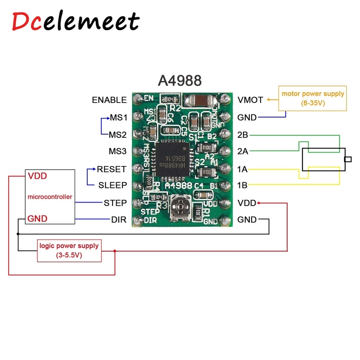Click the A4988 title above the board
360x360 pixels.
[x=179, y=81]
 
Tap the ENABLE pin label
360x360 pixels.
[x=109, y=100]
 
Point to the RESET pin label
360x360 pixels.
[x=112, y=169]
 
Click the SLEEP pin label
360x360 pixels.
[x=112, y=185]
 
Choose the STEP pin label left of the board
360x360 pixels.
[x=115, y=203]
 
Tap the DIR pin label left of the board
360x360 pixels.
[x=119, y=220]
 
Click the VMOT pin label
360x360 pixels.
[x=250, y=100]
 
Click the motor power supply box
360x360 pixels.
[x=313, y=98]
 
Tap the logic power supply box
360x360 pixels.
[x=69, y=251]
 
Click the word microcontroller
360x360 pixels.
[x=49, y=197]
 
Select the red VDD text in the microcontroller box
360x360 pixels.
[x=37, y=175]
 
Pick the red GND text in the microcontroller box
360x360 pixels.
[x=38, y=219]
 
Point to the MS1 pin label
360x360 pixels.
[x=118, y=118]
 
